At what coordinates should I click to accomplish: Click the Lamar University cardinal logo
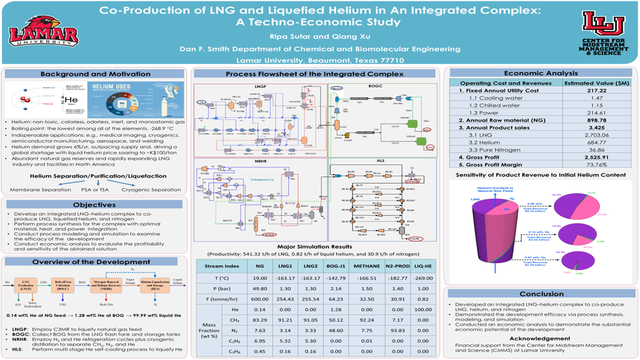click(43, 32)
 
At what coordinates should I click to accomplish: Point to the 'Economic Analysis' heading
click(541, 73)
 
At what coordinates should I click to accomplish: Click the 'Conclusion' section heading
click(541, 294)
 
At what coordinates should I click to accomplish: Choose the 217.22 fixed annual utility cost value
click(596, 91)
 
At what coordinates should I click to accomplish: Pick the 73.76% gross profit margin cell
click(596, 165)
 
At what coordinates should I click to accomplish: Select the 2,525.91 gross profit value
click(596, 157)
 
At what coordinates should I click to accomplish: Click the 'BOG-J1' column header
click(336, 266)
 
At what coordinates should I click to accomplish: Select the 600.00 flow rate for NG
click(259, 299)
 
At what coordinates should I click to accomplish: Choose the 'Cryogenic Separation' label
click(152, 190)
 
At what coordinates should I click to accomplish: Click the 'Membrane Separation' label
click(35, 190)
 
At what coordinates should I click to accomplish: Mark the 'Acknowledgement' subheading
click(540, 338)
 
